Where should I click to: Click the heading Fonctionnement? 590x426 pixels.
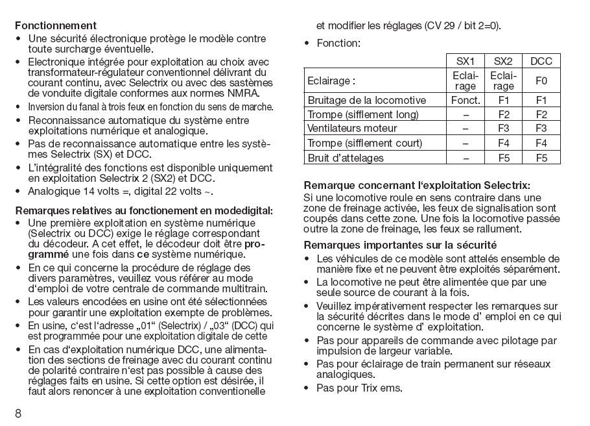point(56,27)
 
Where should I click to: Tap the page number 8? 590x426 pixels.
point(19,413)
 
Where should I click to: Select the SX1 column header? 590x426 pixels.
point(466,61)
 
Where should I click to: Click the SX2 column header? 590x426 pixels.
point(503,61)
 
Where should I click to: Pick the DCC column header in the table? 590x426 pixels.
point(541,61)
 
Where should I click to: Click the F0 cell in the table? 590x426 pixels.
point(541,81)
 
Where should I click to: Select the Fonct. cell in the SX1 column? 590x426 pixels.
point(466,101)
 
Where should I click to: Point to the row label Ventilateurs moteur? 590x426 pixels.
point(352,129)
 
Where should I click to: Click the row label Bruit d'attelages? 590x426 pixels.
point(346,157)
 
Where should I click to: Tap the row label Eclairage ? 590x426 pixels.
point(331,81)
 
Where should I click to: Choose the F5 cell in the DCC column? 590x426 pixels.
point(541,157)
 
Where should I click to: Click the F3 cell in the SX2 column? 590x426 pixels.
point(503,129)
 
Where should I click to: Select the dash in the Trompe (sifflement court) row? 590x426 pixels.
point(466,143)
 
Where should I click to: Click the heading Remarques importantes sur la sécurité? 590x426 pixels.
point(401,245)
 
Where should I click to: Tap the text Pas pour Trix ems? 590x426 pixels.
point(359,388)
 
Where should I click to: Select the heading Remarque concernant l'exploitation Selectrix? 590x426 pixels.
point(417,186)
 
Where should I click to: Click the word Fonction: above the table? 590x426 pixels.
point(338,44)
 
